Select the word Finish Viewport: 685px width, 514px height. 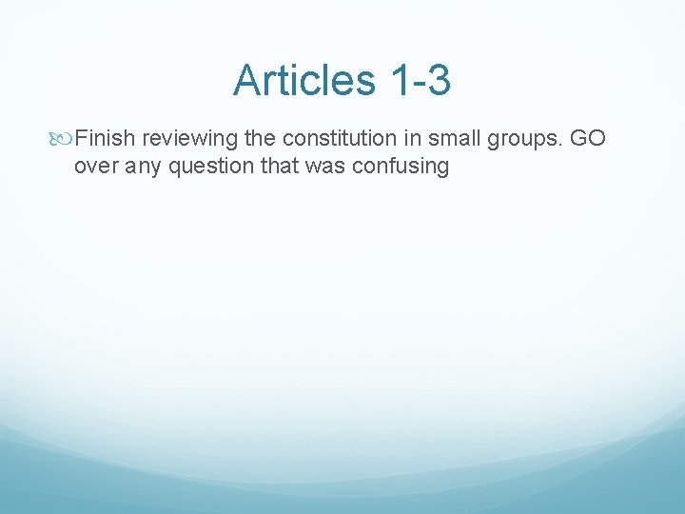pyautogui.click(x=106, y=139)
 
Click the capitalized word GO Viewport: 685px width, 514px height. pyautogui.click(x=589, y=139)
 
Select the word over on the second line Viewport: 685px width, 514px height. pyautogui.click(x=94, y=166)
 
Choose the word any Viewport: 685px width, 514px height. pyautogui.click(x=138, y=167)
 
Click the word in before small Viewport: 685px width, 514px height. pyautogui.click(x=415, y=139)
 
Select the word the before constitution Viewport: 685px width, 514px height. pyautogui.click(x=260, y=139)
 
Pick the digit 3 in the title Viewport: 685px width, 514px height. pyautogui.click(x=438, y=80)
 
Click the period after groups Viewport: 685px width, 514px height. pyautogui.click(x=563, y=145)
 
